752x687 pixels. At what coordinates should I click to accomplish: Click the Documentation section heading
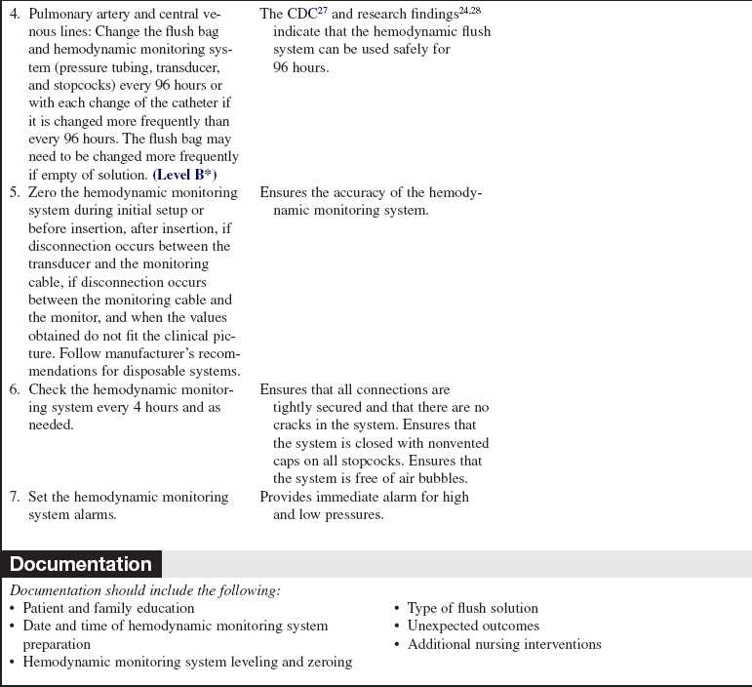click(x=81, y=564)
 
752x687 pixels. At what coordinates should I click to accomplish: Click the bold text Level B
click(x=182, y=174)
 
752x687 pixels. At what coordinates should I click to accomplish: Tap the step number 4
click(x=15, y=15)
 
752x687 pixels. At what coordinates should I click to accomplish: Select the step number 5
click(x=15, y=192)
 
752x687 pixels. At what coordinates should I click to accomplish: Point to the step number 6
click(x=15, y=389)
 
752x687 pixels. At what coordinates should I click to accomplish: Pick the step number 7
click(x=15, y=497)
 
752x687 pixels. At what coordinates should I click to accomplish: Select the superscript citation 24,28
click(x=480, y=11)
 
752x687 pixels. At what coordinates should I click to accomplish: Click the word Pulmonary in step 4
click(x=59, y=15)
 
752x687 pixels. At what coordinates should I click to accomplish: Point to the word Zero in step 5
click(x=41, y=192)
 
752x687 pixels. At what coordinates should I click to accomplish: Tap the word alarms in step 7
click(x=95, y=514)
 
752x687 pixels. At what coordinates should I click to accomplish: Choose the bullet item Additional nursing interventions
click(x=504, y=643)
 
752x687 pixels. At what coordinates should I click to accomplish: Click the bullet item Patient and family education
click(x=108, y=608)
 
